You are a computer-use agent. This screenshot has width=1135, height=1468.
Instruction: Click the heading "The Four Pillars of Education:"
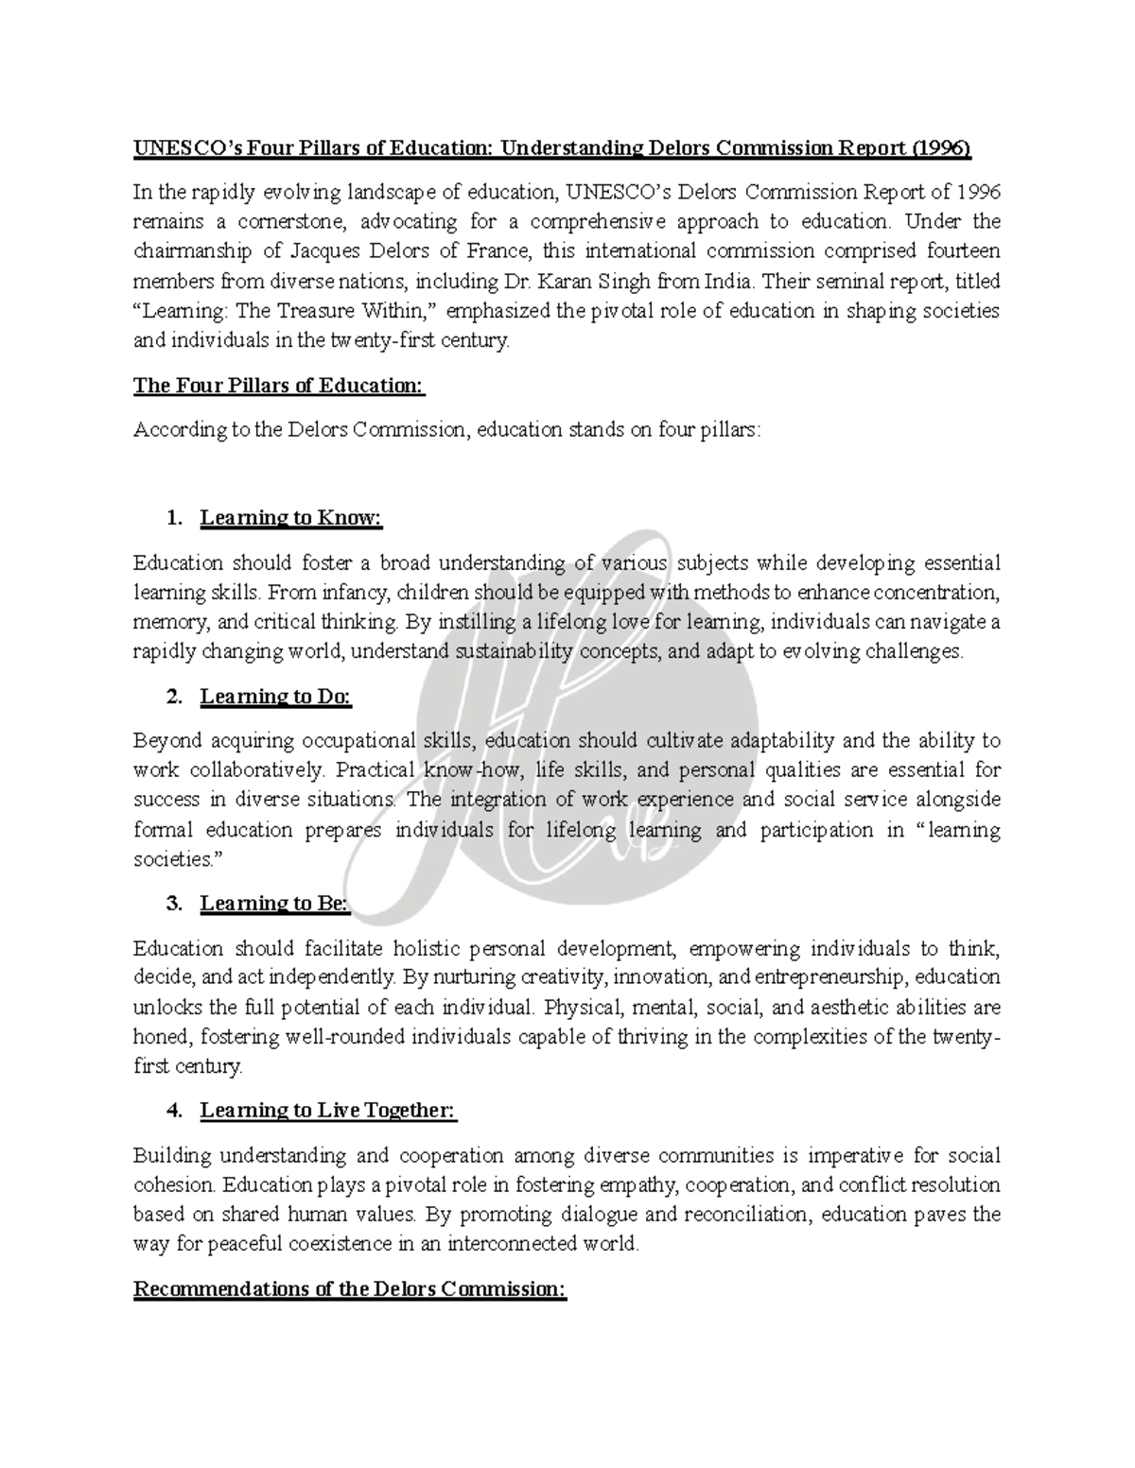[x=279, y=386]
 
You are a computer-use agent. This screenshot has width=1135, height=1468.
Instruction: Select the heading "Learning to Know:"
[x=290, y=518]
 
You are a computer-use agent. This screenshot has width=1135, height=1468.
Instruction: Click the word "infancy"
[x=357, y=593]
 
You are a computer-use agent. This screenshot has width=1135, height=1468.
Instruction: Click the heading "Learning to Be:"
[x=274, y=904]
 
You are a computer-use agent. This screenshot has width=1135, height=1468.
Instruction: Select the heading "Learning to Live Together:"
[x=328, y=1111]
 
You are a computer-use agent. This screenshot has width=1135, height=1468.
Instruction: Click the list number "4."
[x=173, y=1111]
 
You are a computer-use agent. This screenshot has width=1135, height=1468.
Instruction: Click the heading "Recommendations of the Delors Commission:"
[x=350, y=1290]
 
